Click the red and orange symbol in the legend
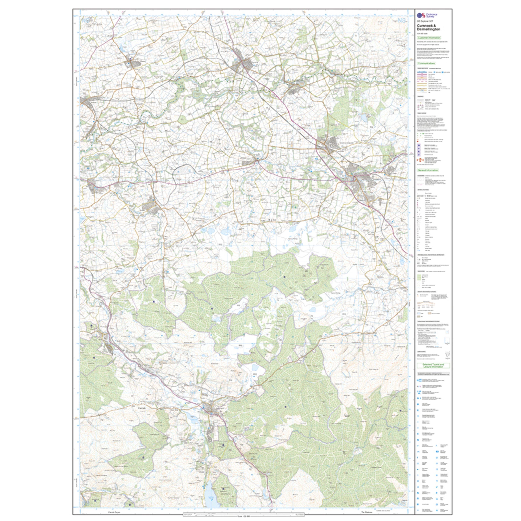click(419, 160)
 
